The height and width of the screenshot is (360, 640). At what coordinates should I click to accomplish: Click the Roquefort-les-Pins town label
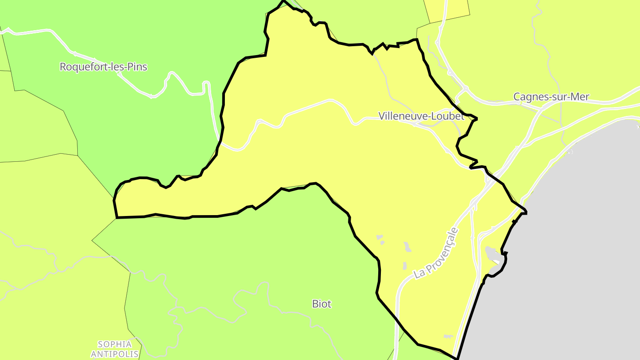tap(103, 67)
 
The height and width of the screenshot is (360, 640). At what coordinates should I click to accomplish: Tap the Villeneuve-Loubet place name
tap(421, 116)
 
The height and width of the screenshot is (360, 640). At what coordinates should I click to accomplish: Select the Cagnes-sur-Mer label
tap(551, 96)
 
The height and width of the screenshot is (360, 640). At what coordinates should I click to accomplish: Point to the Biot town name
tap(322, 304)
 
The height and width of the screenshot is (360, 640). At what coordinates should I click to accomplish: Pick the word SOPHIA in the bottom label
tap(115, 344)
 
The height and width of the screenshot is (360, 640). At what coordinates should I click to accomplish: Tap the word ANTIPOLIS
tap(115, 354)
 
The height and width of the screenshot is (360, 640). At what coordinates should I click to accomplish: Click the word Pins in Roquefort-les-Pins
tap(137, 67)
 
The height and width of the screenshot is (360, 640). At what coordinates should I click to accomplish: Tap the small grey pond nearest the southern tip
tap(448, 336)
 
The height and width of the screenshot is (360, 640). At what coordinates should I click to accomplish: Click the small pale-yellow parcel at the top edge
tap(447, 10)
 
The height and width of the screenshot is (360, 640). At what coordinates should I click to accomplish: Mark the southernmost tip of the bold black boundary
tap(457, 358)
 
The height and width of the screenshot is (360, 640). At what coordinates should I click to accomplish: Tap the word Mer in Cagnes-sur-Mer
tap(580, 96)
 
